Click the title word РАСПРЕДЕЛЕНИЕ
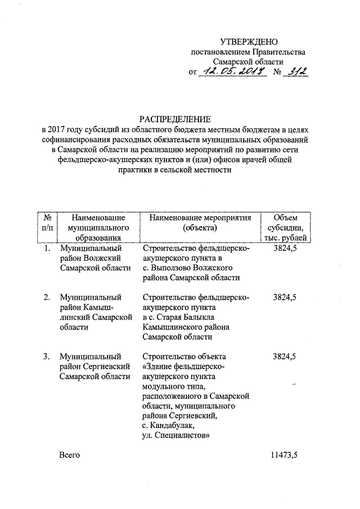coord(175,119)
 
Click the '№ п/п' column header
coord(48,223)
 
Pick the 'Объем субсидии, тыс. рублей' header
coord(285,228)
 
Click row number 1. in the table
coord(48,247)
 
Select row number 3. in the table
coord(48,356)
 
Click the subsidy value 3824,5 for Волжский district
coord(285,247)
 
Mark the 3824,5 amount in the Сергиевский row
coord(285,356)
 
